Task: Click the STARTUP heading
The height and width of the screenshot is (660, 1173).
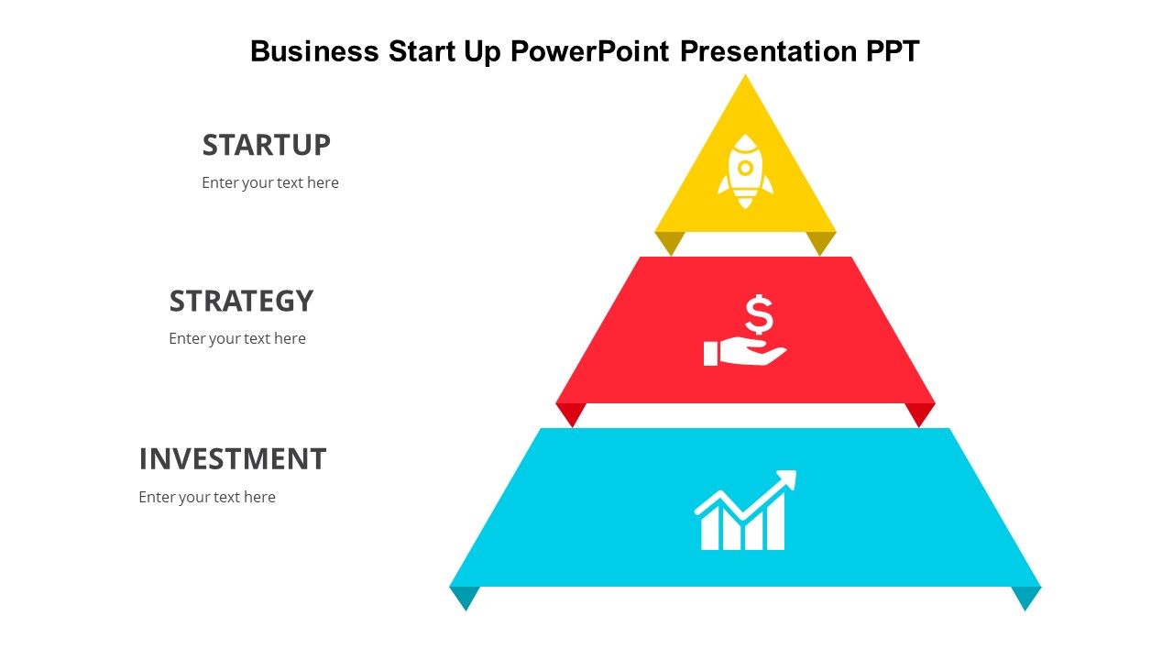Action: pos(267,145)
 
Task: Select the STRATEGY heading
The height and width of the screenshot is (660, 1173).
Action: pos(241,302)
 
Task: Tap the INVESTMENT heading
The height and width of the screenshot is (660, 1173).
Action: pos(233,459)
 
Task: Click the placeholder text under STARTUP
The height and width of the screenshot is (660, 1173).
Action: pos(270,182)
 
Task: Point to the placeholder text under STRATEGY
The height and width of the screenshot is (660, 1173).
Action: pos(237,339)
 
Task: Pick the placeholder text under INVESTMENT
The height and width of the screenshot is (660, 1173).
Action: pos(207,497)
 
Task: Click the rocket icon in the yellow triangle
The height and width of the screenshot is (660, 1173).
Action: pos(745,171)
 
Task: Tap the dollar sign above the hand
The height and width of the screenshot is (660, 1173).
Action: pos(759,314)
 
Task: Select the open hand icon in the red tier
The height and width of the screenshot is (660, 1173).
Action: pos(745,352)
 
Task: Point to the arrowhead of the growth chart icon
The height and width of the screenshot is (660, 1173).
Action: pos(787,479)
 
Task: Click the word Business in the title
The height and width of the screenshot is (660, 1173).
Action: pos(314,51)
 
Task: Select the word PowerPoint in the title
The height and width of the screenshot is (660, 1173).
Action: pos(590,51)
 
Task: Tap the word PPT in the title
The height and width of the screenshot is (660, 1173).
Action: pos(893,51)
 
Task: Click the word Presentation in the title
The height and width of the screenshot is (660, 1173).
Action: pos(768,51)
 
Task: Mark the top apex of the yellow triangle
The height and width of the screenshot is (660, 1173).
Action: pos(745,74)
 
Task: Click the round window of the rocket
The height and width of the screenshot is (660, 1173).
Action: pos(745,168)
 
